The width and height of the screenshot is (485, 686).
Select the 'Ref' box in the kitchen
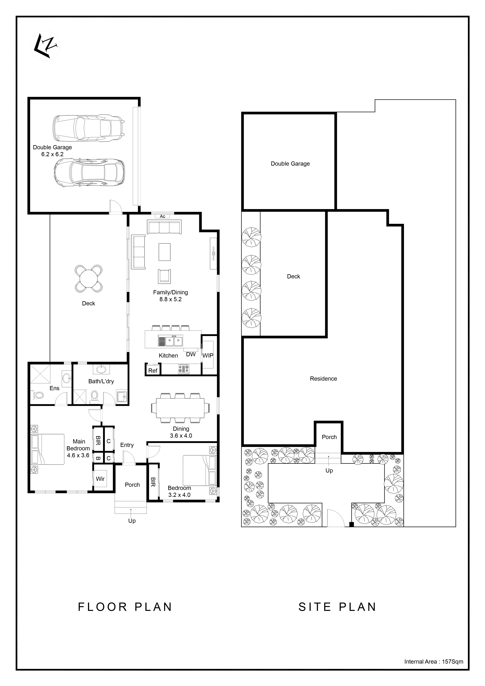[x=153, y=371]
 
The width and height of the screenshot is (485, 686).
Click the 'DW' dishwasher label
[x=191, y=354]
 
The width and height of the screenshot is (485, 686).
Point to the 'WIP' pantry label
[x=208, y=356]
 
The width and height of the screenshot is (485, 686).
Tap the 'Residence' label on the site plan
[x=323, y=379]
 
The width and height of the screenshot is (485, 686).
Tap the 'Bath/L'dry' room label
[x=101, y=381]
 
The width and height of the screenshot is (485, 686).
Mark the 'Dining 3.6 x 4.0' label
[x=181, y=432]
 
